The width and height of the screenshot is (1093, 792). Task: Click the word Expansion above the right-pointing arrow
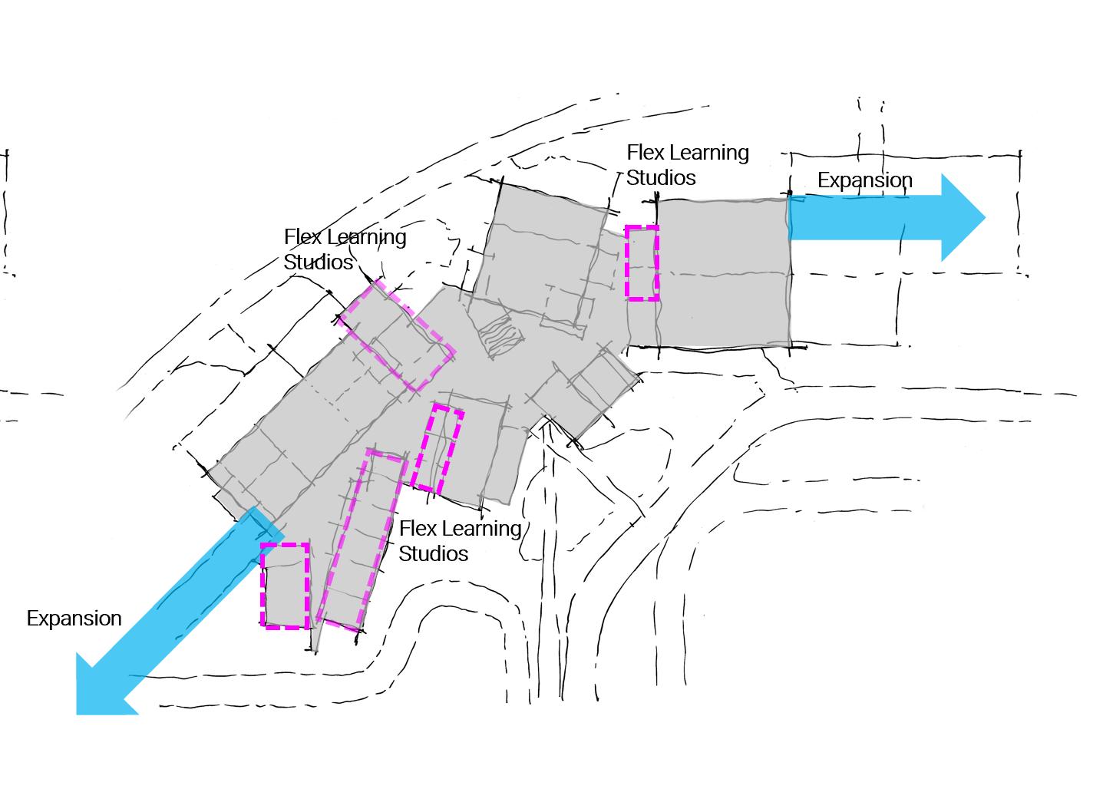pyautogui.click(x=864, y=180)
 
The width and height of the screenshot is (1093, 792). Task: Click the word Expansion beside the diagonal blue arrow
pyautogui.click(x=74, y=619)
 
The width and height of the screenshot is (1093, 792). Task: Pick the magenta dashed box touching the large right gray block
pyautogui.click(x=642, y=262)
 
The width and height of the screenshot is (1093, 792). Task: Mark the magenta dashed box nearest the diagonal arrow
pyautogui.click(x=285, y=586)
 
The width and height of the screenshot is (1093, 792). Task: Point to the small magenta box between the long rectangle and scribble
pyautogui.click(x=437, y=449)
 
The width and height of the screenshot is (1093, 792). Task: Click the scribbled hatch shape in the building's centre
pyautogui.click(x=501, y=338)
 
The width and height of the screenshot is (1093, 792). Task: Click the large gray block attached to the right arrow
pyautogui.click(x=722, y=272)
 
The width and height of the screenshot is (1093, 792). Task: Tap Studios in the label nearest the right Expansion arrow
pyautogui.click(x=661, y=178)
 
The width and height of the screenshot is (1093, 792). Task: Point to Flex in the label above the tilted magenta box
pyautogui.click(x=301, y=237)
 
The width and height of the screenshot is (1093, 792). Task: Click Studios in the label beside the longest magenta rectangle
pyautogui.click(x=433, y=554)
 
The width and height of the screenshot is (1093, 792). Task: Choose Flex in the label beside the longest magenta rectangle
pyautogui.click(x=416, y=529)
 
